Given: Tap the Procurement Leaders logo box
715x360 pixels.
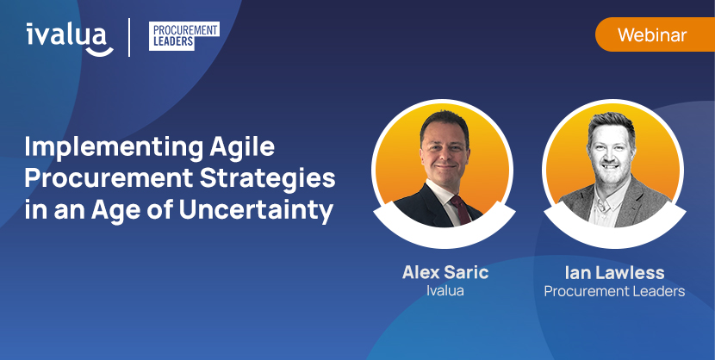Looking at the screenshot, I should [183, 36].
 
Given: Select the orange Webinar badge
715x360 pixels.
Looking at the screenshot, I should [652, 35].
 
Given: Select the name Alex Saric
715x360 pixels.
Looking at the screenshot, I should [445, 272].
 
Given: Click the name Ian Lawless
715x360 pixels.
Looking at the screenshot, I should [614, 272].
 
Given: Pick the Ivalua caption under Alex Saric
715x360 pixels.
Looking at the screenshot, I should [445, 291].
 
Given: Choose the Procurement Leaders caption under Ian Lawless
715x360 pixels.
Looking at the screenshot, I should [614, 291].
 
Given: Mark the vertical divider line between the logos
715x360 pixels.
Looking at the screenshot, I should [130, 37].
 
